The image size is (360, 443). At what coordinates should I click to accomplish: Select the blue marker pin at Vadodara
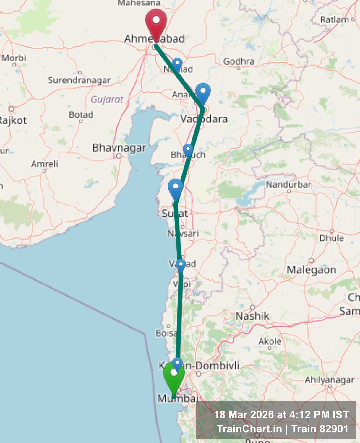point(203,92)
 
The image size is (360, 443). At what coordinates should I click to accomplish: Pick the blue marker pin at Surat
point(175,188)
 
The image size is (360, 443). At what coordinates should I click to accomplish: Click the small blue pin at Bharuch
point(188,150)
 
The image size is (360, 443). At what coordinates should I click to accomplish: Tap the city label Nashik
point(252,316)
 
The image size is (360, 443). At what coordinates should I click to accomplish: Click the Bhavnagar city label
point(119,148)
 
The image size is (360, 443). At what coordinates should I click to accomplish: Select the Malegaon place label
point(311,270)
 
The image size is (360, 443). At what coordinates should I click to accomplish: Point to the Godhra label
point(239,61)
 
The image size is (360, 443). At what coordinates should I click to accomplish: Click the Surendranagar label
point(79,80)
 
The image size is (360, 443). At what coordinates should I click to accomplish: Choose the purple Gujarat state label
point(107,99)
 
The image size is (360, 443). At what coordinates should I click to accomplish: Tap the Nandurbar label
point(288,185)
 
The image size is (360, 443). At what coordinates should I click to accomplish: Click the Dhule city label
point(331,238)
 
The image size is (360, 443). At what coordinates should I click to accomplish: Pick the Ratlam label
point(335,20)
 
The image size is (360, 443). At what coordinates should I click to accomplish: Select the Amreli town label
point(45,164)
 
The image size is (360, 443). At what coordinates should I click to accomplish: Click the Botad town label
point(81,115)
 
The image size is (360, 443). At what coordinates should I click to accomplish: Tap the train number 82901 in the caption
point(334,429)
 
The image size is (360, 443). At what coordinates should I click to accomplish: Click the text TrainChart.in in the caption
point(249,429)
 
